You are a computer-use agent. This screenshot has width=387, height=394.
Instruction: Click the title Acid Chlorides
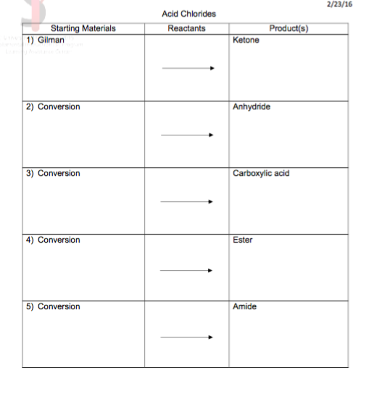pyautogui.click(x=190, y=14)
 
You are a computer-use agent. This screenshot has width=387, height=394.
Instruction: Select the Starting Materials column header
pyautogui.click(x=83, y=28)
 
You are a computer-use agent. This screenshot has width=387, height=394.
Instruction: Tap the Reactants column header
pyautogui.click(x=186, y=28)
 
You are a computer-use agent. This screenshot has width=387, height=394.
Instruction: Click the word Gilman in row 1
pyautogui.click(x=51, y=40)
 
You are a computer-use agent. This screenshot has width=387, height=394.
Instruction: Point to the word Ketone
pyautogui.click(x=246, y=40)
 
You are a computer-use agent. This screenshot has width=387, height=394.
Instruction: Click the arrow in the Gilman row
pyautogui.click(x=188, y=68)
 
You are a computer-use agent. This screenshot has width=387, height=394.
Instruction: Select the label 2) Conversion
pyautogui.click(x=53, y=106)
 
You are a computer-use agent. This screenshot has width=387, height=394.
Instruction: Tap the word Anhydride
pyautogui.click(x=251, y=106)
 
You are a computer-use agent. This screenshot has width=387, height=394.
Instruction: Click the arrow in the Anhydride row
pyautogui.click(x=188, y=135)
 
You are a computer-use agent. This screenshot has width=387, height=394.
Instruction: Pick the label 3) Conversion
pyautogui.click(x=53, y=173)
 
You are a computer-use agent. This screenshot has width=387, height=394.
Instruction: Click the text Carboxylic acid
pyautogui.click(x=261, y=173)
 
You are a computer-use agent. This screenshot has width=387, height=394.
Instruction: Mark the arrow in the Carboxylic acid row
pyautogui.click(x=188, y=201)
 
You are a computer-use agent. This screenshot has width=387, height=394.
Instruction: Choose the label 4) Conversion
pyautogui.click(x=53, y=240)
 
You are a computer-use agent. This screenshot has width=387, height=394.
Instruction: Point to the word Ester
pyautogui.click(x=243, y=240)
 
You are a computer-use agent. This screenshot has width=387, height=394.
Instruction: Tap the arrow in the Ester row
pyautogui.click(x=188, y=270)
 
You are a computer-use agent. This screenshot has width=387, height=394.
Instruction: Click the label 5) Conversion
pyautogui.click(x=53, y=306)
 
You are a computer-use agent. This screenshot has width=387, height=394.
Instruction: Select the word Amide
pyautogui.click(x=245, y=306)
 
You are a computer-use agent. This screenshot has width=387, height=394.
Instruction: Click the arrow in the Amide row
pyautogui.click(x=188, y=337)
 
